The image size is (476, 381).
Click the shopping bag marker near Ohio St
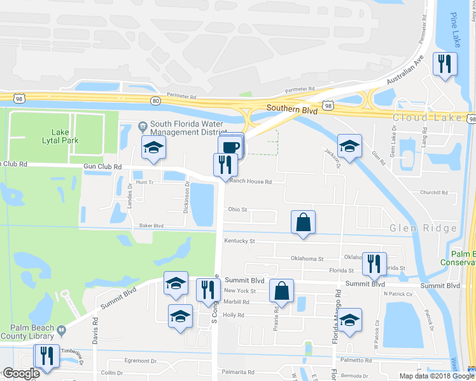(x=304, y=223)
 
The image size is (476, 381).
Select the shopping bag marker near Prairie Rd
(x=281, y=291)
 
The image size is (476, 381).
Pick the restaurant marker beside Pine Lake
(x=444, y=64)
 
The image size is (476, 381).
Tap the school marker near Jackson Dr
(x=349, y=147)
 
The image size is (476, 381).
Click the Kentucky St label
(x=239, y=241)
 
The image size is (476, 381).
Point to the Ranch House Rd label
(x=251, y=182)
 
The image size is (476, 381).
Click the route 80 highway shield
(x=156, y=100)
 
